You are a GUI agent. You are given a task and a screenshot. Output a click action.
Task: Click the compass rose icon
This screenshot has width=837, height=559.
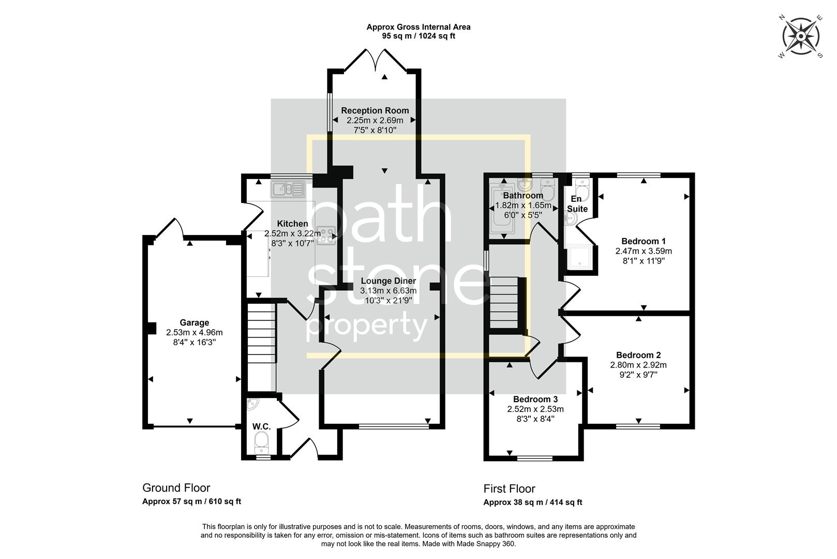(801, 37)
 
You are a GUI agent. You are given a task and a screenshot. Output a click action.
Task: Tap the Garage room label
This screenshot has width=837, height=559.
(194, 322)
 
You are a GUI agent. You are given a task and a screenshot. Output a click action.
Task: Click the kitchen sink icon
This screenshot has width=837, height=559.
(288, 189)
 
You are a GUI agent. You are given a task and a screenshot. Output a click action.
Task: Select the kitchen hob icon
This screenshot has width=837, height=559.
(326, 236)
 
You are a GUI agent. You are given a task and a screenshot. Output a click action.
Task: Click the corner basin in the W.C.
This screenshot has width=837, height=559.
(252, 404)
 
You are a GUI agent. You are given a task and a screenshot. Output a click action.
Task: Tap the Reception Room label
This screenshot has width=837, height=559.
(375, 110)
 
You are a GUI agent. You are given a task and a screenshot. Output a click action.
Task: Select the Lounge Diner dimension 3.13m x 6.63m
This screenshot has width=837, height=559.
(388, 291)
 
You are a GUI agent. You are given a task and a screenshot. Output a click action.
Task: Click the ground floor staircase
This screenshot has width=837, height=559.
(261, 334)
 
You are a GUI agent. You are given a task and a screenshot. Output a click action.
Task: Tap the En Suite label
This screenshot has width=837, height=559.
(577, 204)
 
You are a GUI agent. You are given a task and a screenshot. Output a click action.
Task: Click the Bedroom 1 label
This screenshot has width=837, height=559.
(643, 241)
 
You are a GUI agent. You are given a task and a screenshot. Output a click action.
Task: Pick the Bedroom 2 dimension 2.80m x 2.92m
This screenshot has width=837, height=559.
(638, 365)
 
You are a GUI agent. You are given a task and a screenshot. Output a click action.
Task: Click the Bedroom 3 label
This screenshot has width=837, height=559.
(535, 399)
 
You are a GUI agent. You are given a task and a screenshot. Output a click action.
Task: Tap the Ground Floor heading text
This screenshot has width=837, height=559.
(176, 488)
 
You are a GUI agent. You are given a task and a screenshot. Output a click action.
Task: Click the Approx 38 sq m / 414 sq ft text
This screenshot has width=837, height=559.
(532, 502)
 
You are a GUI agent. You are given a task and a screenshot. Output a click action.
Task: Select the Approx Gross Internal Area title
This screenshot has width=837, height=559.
(418, 27)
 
